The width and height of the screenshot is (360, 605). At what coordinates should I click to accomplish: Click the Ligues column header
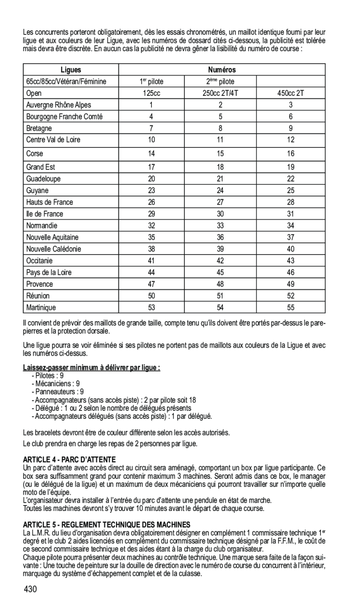click(70, 70)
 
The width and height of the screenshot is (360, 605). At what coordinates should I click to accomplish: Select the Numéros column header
click(222, 70)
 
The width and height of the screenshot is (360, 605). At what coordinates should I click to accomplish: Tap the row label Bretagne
click(39, 128)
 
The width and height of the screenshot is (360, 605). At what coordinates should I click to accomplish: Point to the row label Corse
click(35, 153)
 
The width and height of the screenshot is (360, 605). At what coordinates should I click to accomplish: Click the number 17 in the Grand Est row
click(151, 167)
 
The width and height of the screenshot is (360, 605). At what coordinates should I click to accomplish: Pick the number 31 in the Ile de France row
click(291, 214)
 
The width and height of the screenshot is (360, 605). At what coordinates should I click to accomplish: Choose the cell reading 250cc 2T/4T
click(220, 93)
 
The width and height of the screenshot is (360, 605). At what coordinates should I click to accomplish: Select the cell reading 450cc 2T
click(291, 93)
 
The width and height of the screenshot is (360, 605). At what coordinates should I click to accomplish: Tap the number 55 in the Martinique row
click(291, 307)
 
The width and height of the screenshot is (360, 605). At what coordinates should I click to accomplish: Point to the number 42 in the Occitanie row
click(220, 261)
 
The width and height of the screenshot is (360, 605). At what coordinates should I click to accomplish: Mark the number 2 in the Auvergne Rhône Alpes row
click(220, 105)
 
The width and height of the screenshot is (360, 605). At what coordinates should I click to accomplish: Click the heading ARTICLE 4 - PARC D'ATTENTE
click(69, 458)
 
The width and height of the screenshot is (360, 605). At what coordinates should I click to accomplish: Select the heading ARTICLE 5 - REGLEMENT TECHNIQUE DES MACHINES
click(107, 524)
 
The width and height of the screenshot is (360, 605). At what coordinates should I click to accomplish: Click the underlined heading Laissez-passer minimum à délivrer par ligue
click(92, 368)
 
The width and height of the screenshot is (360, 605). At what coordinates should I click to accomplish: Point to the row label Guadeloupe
click(43, 179)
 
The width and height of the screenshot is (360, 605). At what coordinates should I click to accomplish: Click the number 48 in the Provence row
click(220, 284)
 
